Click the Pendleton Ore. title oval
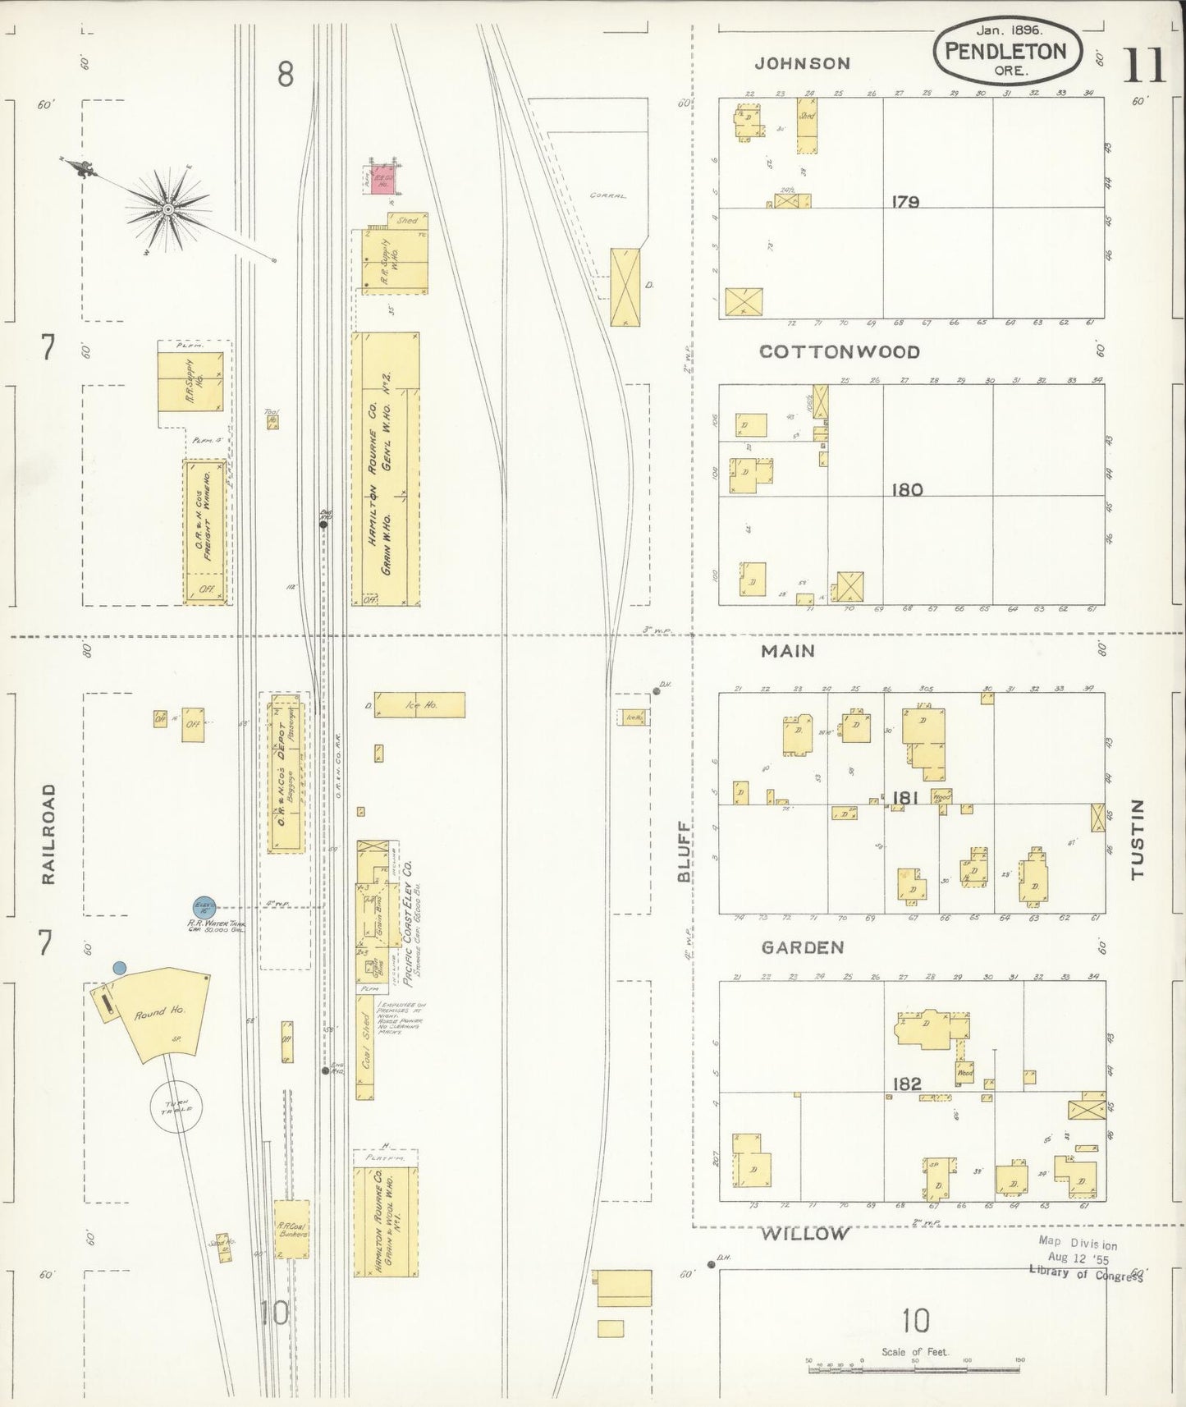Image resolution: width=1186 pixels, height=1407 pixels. [1006, 52]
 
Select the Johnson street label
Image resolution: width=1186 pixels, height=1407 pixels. [803, 63]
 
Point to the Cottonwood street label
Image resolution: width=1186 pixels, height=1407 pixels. [839, 351]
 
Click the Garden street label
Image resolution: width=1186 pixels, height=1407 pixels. [803, 947]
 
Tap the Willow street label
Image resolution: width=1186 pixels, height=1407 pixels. [804, 1234]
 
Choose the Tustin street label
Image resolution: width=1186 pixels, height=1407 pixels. [1137, 839]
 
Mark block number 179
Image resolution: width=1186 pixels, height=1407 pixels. [905, 202]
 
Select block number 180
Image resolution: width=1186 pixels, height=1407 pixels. [907, 490]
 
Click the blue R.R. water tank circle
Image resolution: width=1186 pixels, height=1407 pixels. [204, 907]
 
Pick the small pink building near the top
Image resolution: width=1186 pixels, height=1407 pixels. [380, 181]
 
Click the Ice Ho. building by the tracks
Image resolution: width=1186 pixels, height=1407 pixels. [420, 705]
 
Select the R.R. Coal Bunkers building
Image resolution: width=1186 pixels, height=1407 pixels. [292, 1229]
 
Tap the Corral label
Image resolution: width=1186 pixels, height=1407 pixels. [607, 196]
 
